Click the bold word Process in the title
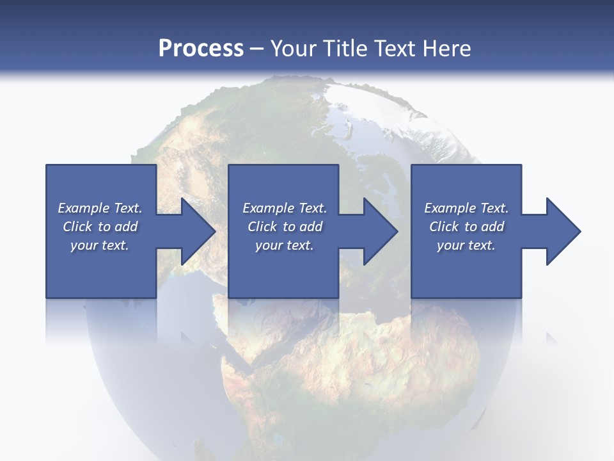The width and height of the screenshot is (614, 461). (201, 49)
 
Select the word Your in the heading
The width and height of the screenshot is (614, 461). (291, 49)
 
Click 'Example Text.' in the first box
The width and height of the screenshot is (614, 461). (100, 208)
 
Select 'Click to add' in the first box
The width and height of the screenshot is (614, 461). (100, 227)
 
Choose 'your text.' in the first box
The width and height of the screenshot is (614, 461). (100, 245)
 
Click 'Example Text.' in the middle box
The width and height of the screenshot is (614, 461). (285, 208)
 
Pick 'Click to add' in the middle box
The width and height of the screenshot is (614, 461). (285, 227)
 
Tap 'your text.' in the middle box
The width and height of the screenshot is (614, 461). (285, 245)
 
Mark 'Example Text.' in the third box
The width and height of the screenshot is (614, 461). (466, 208)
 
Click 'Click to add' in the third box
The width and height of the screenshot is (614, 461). (466, 227)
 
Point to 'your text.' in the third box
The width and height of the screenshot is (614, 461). (466, 245)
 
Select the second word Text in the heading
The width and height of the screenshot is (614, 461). (393, 49)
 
